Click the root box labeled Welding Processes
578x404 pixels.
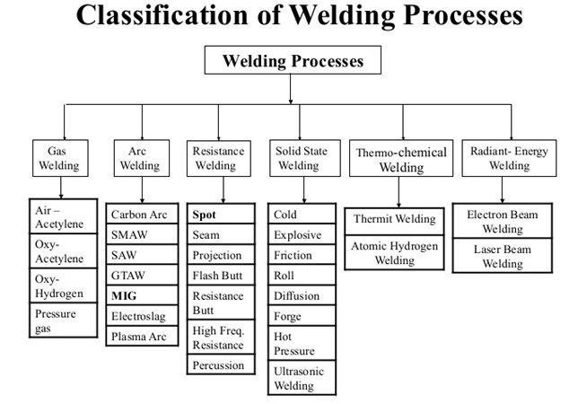(x=293, y=62)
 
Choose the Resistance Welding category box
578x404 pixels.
(x=218, y=158)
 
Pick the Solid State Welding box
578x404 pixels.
(x=297, y=158)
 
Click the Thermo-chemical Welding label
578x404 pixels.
(x=400, y=160)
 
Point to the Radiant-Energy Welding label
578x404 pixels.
(x=509, y=158)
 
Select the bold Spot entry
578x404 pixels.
(x=205, y=215)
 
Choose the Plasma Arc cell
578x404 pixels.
(x=137, y=337)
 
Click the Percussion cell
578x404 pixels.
(x=219, y=365)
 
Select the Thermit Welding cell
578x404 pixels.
(x=394, y=219)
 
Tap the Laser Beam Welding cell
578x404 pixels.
(x=503, y=257)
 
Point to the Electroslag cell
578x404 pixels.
(x=139, y=316)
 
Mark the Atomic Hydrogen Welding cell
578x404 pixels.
(x=394, y=251)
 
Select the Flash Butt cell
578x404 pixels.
(x=219, y=276)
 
